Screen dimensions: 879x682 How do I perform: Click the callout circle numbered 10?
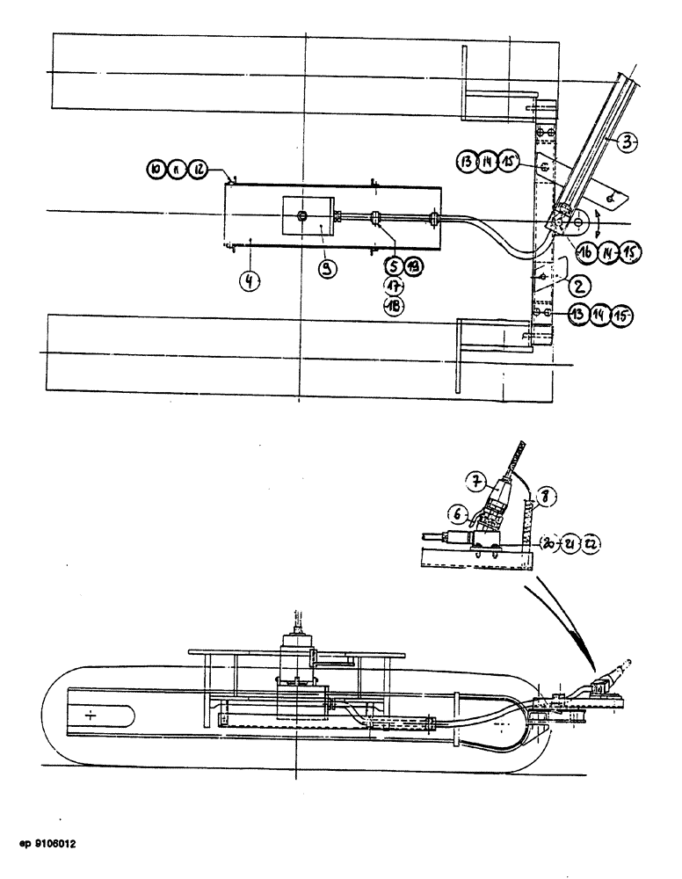coord(156,169)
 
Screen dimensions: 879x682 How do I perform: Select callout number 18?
coord(393,305)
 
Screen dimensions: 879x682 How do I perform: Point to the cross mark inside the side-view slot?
coord(91,716)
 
